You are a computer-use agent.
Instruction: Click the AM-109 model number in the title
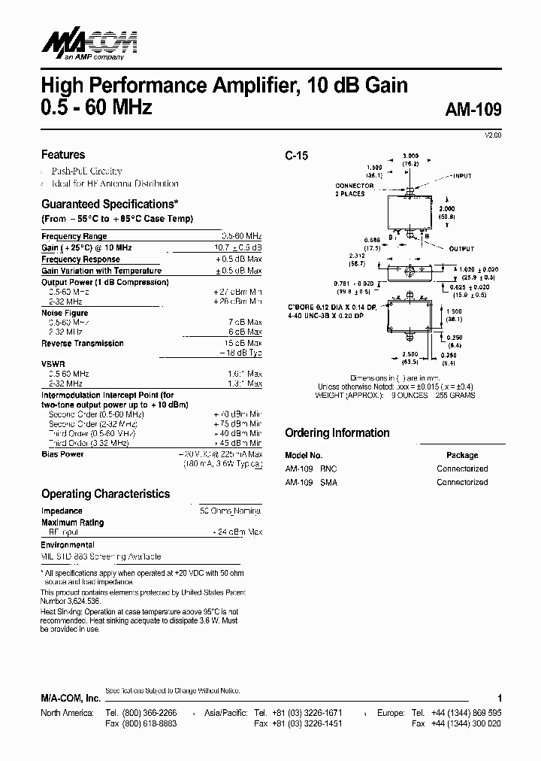pyautogui.click(x=473, y=108)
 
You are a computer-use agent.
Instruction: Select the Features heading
pyautogui.click(x=63, y=155)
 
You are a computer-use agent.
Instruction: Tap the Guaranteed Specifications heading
pyautogui.click(x=110, y=204)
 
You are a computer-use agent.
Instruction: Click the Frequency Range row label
pyautogui.click(x=74, y=237)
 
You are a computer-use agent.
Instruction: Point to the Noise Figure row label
pyautogui.click(x=65, y=313)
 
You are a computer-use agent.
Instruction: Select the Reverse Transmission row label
pyautogui.click(x=83, y=343)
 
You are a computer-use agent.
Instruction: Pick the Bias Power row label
pyautogui.click(x=62, y=454)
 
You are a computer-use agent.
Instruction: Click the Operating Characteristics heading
pyautogui.click(x=105, y=494)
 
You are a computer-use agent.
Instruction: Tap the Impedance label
pyautogui.click(x=62, y=511)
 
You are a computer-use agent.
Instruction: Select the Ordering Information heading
pyautogui.click(x=337, y=433)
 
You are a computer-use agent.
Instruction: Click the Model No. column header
pyautogui.click(x=304, y=455)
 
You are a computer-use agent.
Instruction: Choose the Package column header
pyautogui.click(x=462, y=455)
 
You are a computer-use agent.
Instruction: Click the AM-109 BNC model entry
pyautogui.click(x=311, y=468)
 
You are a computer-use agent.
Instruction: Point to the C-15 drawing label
pyautogui.click(x=296, y=156)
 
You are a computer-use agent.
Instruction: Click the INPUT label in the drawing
pyautogui.click(x=460, y=176)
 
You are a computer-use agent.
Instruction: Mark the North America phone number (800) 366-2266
pyautogui.click(x=141, y=712)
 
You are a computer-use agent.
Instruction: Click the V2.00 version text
pyautogui.click(x=492, y=135)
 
